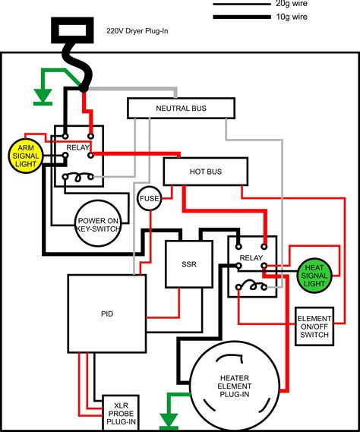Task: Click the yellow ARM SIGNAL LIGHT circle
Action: (x=26, y=156)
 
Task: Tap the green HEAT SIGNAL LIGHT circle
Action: (x=314, y=276)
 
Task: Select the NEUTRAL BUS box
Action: (x=181, y=109)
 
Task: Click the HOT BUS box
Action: (x=206, y=172)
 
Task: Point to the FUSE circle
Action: (x=149, y=198)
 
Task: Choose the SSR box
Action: (x=189, y=264)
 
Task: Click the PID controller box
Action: (x=107, y=314)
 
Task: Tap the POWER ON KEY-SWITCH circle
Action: (x=98, y=223)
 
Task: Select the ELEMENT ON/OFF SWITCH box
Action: (x=314, y=326)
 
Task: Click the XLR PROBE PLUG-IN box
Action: (x=121, y=413)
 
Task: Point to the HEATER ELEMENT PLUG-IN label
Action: (x=234, y=386)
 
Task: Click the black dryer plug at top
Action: (x=72, y=30)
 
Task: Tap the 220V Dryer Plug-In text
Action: (x=137, y=30)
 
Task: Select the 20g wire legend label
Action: (x=292, y=4)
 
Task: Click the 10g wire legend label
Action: (x=292, y=17)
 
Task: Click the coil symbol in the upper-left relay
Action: (x=78, y=178)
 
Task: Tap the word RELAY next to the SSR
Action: (x=251, y=258)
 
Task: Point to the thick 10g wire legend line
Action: (x=242, y=17)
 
